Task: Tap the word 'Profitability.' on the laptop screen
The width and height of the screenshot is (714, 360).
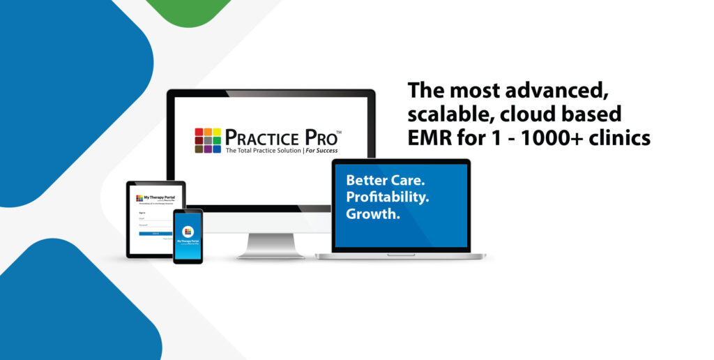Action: tap(388, 196)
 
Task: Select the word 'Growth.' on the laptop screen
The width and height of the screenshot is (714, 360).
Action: tap(373, 213)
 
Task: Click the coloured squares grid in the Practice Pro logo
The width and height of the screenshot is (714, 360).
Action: tap(208, 140)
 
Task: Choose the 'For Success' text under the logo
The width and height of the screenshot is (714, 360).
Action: tap(326, 151)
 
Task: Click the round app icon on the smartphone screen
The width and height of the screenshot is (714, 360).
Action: tap(188, 231)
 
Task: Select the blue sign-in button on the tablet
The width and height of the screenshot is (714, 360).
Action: tap(155, 233)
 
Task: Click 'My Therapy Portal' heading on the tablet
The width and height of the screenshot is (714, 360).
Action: tap(159, 197)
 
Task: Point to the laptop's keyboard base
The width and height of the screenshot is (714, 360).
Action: tap(401, 255)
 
